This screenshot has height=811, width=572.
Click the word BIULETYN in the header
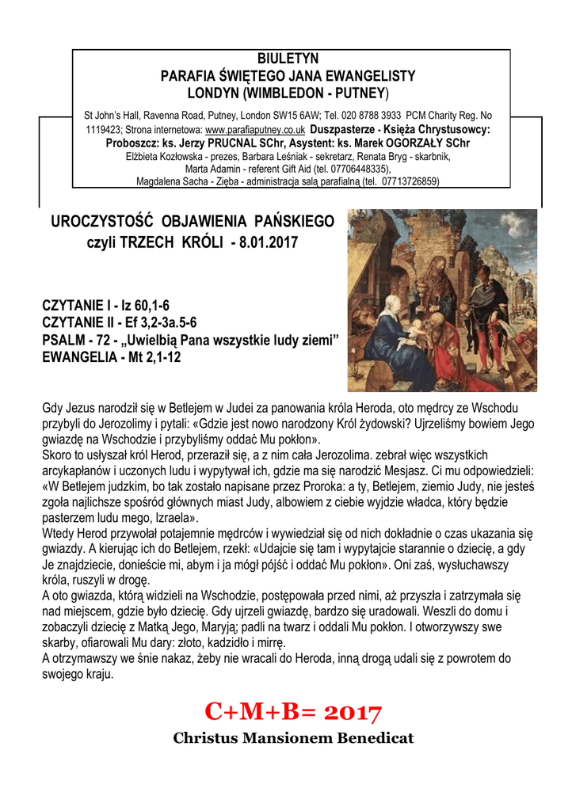[288, 59]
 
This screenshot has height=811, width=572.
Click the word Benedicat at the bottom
[370, 739]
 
